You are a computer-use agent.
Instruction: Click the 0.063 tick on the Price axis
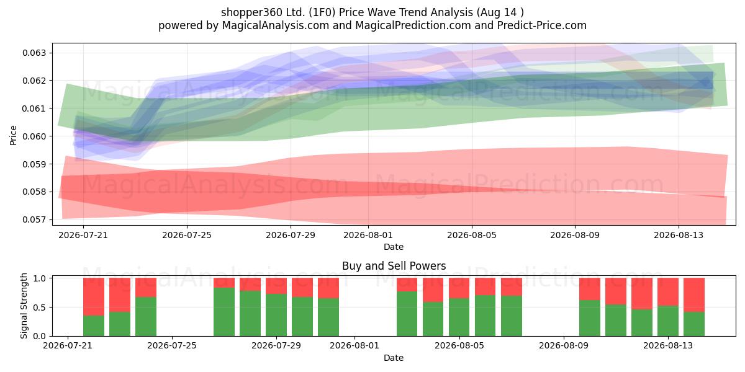coord(34,53)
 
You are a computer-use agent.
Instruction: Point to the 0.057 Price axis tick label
coord(34,219)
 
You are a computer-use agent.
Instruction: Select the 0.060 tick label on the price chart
coord(34,136)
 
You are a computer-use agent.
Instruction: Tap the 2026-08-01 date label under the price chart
coord(368,235)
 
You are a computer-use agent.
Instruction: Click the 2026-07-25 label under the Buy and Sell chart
coord(172,346)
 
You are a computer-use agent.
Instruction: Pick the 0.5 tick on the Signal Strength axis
coord(40,308)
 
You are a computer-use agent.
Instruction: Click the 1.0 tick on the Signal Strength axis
coord(40,278)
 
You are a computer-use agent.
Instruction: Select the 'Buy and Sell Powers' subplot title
coord(394,266)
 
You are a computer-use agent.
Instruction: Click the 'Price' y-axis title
coord(13,135)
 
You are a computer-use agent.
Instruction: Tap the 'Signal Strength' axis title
coord(24,306)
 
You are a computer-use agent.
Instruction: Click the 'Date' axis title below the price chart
coord(394,247)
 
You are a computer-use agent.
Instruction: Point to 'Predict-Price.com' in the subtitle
coord(542,25)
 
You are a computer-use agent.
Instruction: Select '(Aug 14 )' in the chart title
coord(500,12)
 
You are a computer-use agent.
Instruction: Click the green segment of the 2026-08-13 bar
coord(668,321)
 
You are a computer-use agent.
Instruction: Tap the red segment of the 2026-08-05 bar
coord(459,288)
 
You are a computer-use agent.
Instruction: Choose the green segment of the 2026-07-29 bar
coord(276,315)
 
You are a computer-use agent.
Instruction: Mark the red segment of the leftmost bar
coord(94,296)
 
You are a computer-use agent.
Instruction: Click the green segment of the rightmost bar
coord(694,324)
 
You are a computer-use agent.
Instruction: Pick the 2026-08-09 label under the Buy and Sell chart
coord(564,346)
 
